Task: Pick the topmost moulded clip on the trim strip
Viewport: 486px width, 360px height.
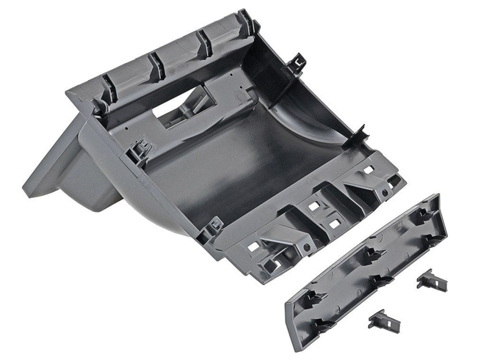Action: coord(424,216)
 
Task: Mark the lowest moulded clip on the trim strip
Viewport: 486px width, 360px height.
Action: coord(323,325)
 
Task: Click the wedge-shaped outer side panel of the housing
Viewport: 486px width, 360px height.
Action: coord(52,161)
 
